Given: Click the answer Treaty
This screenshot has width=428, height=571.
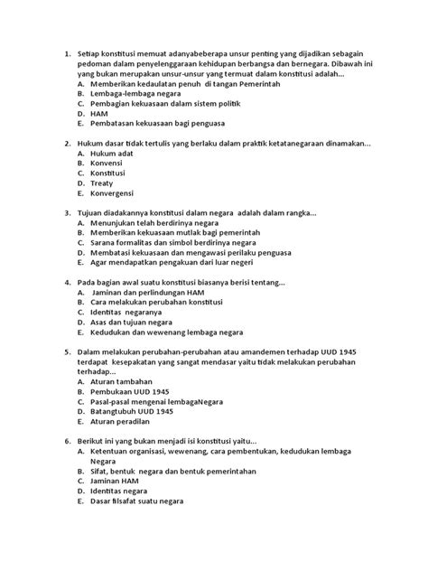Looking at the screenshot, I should pyautogui.click(x=104, y=183).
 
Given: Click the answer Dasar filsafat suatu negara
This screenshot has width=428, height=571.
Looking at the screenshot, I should pyautogui.click(x=136, y=501).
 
